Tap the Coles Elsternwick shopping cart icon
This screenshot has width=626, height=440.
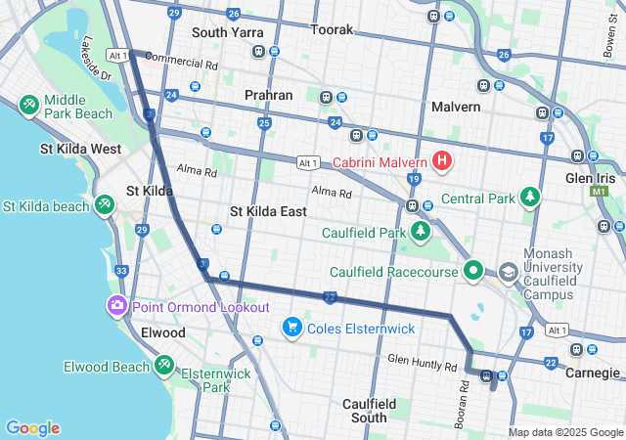pos(291,328)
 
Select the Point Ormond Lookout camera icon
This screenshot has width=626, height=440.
pos(117,307)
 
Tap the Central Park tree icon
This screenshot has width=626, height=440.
pos(530,198)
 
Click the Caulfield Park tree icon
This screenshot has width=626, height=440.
pos(421,233)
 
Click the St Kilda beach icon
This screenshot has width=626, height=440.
pos(104,205)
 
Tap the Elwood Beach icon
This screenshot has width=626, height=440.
pos(164,367)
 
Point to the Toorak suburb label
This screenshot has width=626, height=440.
pos(332,30)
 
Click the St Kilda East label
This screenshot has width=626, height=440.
pos(268,211)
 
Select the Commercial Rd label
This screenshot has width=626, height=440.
pos(182,62)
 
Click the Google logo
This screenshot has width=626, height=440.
pos(32,428)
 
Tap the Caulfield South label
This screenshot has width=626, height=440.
pos(370,411)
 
